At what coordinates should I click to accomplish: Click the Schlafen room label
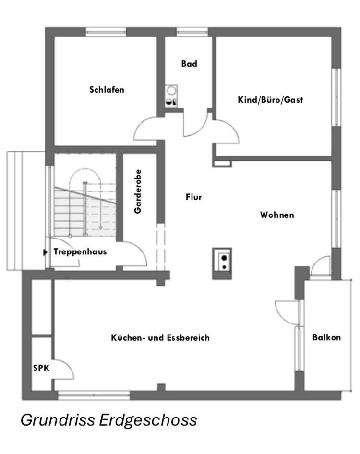pos(107,89)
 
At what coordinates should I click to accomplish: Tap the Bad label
pos(189,63)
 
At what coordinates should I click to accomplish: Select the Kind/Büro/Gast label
pos(270,100)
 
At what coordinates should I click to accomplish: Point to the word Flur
pos(194,197)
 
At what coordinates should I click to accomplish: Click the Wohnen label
pos(277,215)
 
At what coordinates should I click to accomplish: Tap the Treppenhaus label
pos(80,251)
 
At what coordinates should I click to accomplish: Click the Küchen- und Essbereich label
pos(160,338)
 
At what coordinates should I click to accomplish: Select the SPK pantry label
pos(41,368)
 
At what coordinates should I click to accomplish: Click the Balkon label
pos(326,337)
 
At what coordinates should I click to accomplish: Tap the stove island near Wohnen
pos(222,263)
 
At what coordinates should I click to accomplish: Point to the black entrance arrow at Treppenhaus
pos(45,251)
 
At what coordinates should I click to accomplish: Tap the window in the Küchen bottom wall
pos(94,395)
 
